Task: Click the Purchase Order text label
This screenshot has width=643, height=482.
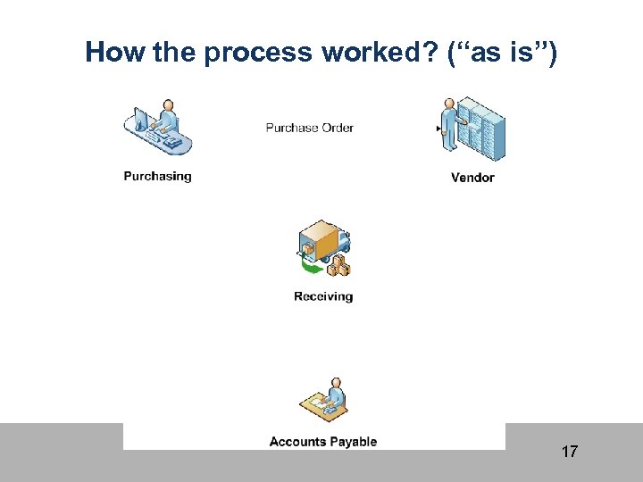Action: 309,128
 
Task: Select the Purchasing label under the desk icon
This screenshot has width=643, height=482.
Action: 157,176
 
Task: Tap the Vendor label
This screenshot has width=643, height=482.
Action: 472,177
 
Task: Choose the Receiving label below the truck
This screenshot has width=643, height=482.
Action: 323,296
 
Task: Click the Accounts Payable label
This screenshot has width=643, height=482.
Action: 323,441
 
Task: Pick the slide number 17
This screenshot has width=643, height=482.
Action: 569,452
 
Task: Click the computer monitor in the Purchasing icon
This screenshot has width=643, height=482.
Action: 139,122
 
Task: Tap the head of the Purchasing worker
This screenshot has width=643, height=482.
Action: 167,108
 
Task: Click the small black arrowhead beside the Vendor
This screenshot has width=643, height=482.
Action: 438,129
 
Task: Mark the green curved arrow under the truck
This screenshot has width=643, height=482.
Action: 312,264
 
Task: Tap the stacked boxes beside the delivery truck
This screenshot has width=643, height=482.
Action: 338,264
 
